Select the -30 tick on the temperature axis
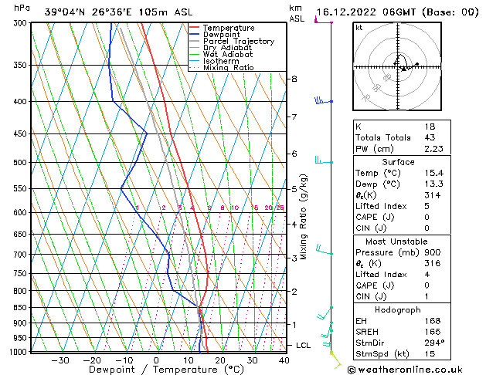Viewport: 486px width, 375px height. pyautogui.click(x=59, y=360)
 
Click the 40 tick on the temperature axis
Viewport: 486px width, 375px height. pyautogui.click(x=284, y=360)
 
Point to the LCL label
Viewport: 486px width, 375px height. pyautogui.click(x=303, y=345)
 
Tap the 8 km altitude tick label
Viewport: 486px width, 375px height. pyautogui.click(x=294, y=79)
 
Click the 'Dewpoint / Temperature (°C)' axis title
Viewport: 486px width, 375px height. pyautogui.click(x=156, y=370)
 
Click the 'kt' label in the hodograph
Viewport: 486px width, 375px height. pyautogui.click(x=359, y=27)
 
